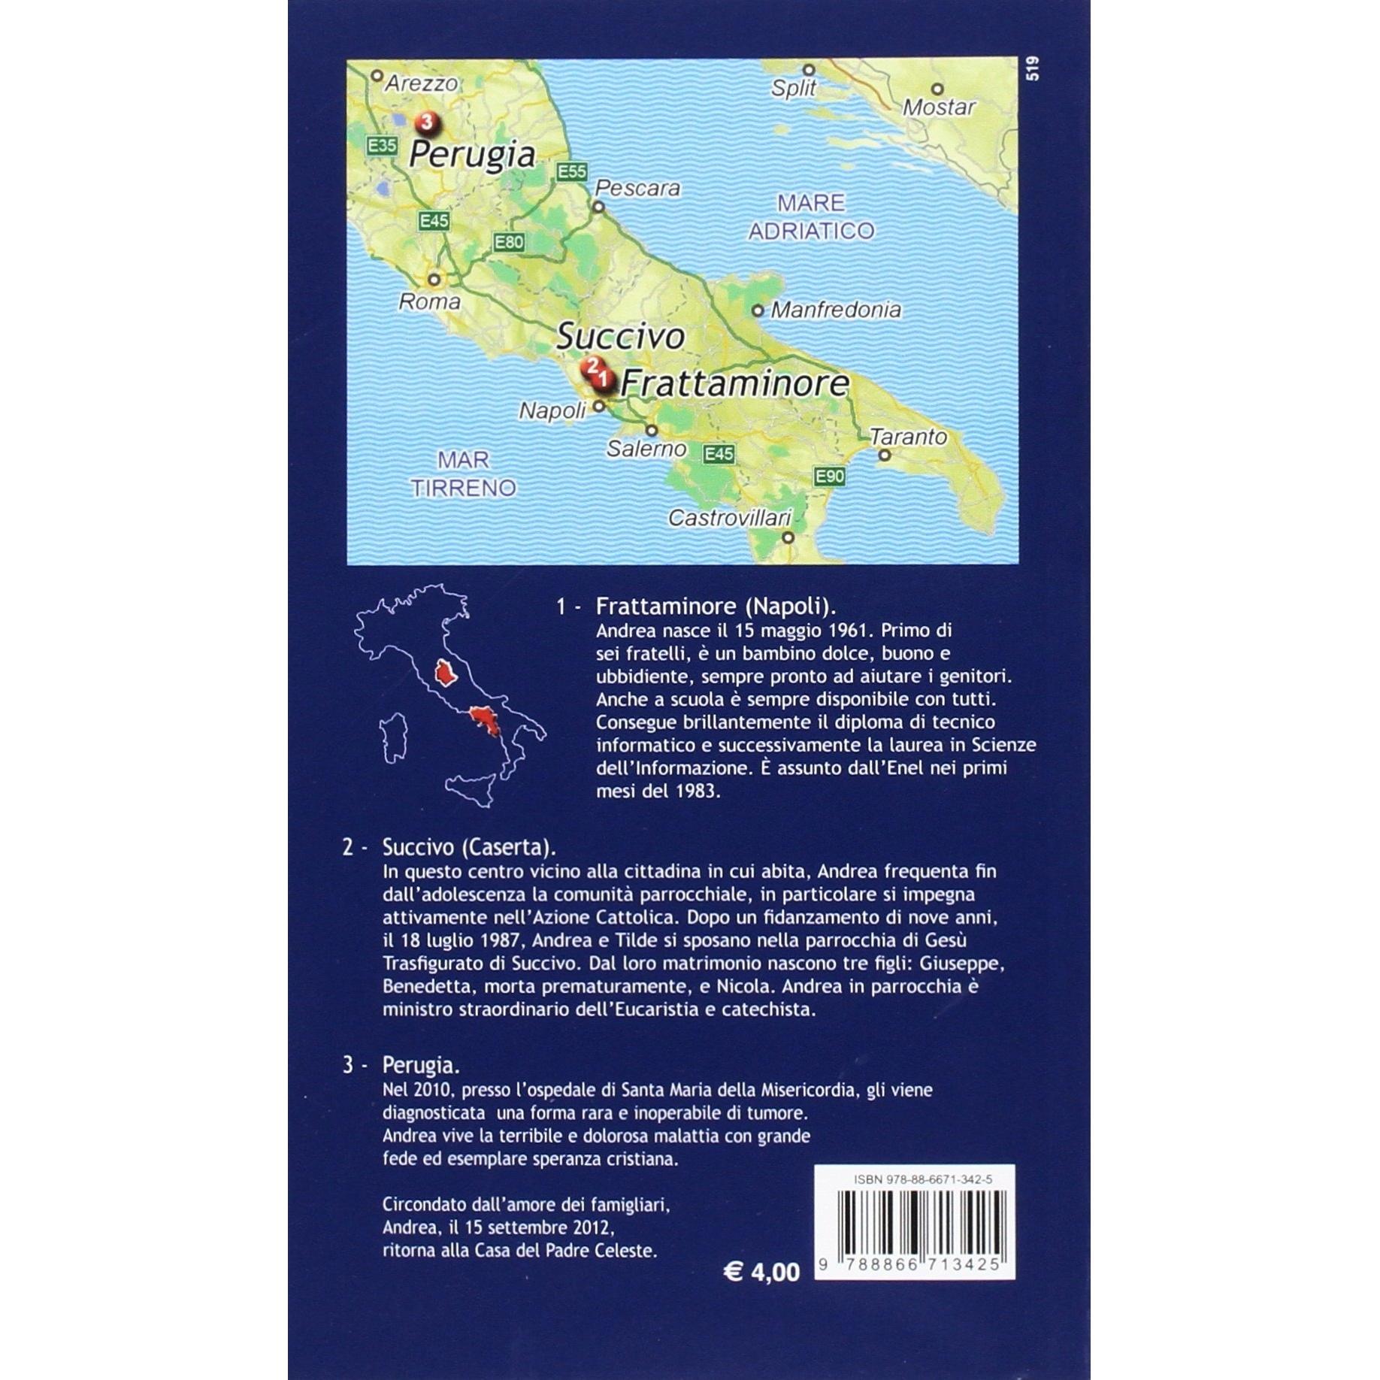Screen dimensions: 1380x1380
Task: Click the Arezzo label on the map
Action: click(x=420, y=83)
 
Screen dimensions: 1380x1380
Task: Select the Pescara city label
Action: click(x=637, y=188)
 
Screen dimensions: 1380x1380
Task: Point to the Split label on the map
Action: click(x=793, y=89)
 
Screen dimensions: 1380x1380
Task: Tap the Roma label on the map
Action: click(x=429, y=301)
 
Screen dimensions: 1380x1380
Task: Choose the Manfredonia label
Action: click(x=836, y=310)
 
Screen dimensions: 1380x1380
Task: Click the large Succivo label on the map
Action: click(x=620, y=337)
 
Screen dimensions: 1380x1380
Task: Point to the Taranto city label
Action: click(x=908, y=437)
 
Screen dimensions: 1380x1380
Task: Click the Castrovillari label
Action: click(x=730, y=518)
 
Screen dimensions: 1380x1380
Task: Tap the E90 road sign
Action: click(x=830, y=476)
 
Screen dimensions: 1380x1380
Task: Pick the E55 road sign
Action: click(x=571, y=172)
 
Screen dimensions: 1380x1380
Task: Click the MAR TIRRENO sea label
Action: click(x=463, y=474)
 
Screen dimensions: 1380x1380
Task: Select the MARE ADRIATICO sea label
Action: click(x=811, y=216)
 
